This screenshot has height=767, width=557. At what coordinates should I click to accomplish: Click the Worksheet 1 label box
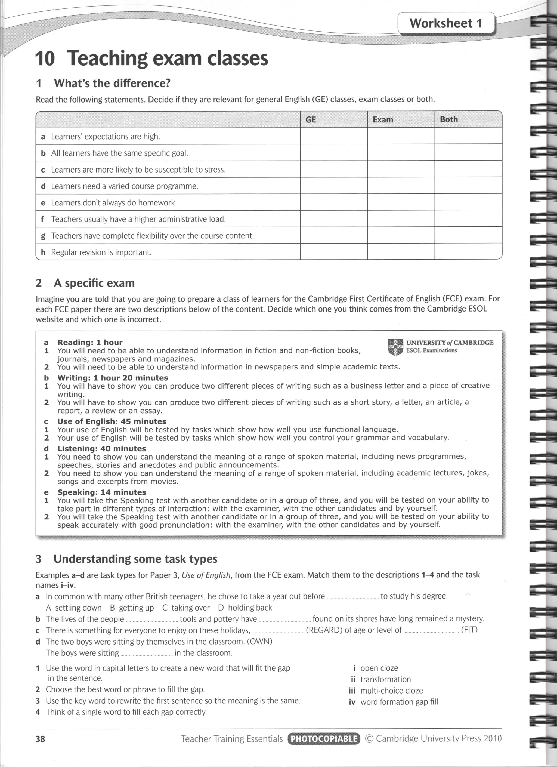click(446, 23)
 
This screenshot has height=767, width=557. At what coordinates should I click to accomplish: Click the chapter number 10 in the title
click(45, 58)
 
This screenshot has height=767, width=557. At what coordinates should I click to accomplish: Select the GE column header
click(311, 120)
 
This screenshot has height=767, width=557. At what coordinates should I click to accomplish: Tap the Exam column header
click(383, 120)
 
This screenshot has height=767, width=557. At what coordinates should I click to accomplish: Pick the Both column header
click(448, 119)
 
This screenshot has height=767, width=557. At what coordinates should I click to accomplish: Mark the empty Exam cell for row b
click(401, 153)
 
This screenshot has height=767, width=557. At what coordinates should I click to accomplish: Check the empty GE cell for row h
click(334, 252)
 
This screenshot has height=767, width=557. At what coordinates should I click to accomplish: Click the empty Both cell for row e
click(468, 202)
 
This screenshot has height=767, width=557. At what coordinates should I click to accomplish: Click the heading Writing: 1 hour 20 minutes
click(113, 378)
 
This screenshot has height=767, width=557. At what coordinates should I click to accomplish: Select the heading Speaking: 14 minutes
click(102, 492)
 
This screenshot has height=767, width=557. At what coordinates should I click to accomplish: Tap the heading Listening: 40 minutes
click(102, 448)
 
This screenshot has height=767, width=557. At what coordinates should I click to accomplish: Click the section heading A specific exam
click(94, 283)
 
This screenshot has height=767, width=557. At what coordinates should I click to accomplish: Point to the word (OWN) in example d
click(260, 642)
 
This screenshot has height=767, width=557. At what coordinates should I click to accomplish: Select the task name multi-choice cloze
click(391, 691)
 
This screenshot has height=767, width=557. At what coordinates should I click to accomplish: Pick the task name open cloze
click(379, 668)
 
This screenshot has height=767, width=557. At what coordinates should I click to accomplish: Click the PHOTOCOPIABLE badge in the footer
click(324, 739)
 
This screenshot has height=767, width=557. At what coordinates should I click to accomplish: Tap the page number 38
click(40, 739)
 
